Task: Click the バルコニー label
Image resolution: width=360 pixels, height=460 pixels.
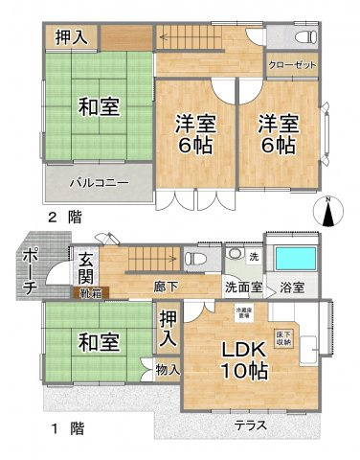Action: coord(98,182)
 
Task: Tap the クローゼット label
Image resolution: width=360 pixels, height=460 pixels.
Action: coord(293,66)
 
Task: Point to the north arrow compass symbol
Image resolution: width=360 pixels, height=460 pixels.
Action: coord(328,212)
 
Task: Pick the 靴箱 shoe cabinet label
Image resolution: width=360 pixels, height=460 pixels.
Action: coord(88,294)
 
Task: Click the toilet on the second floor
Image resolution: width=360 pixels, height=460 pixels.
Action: coord(304,36)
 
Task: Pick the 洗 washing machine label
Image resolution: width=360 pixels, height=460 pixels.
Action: coord(254,257)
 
